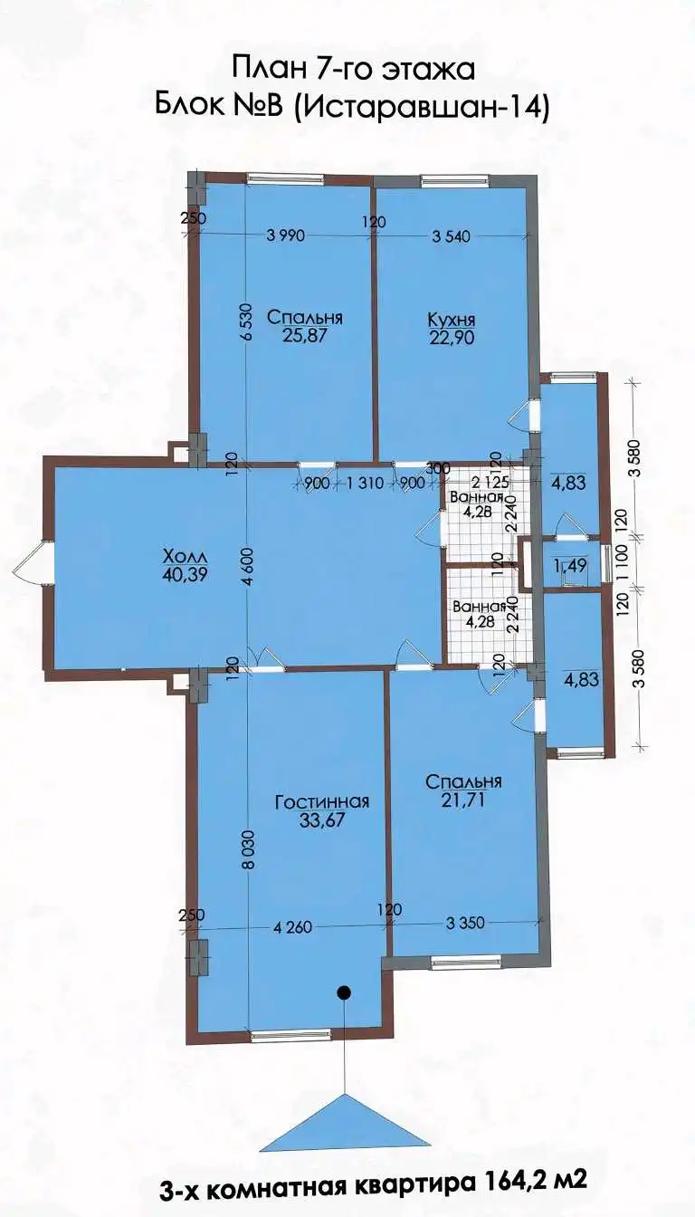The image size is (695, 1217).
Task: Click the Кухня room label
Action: coord(451,318)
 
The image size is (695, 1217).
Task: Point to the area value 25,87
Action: coord(304,335)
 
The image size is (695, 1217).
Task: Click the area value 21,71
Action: coord(463,800)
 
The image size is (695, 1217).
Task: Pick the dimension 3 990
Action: coord(287,235)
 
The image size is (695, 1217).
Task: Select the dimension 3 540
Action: coord(450,235)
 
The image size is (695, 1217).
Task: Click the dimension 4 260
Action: coord(292,925)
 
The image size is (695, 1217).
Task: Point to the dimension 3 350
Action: coord(465,922)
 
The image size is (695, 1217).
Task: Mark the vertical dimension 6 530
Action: coord(248,321)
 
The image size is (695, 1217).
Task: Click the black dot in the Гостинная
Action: coord(344,992)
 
